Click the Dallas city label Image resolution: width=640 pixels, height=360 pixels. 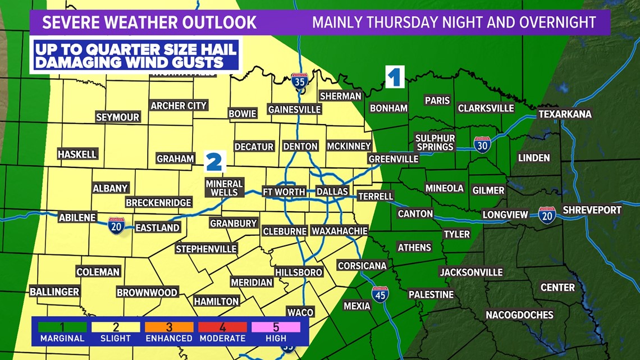pos(332,192)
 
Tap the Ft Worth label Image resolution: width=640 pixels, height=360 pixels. pos(284,192)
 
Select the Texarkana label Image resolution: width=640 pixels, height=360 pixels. pos(565,114)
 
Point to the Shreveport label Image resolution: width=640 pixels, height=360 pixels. pos(592,209)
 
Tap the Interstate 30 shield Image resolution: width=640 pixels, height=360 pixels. pos(482,144)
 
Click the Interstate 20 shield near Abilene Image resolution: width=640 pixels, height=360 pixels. pos(116,225)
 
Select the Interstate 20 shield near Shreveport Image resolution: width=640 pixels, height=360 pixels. pos(547,215)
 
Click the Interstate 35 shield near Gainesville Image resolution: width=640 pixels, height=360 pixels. pos(300,81)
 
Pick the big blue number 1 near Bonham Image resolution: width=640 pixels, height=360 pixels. pos(395,77)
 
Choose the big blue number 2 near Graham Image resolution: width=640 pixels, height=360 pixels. pos(214,161)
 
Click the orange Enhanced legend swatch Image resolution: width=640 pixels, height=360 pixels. pos(169,327)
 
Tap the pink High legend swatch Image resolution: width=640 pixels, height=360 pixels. pos(276,327)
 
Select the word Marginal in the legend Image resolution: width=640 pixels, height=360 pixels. pos(62,339)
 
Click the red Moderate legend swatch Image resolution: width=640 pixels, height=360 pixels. pos(222,327)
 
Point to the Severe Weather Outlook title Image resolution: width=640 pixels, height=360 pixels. pos(150,22)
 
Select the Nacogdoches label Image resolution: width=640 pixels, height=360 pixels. pos(519,315)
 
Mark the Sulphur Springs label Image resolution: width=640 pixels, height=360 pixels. pos(435,142)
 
